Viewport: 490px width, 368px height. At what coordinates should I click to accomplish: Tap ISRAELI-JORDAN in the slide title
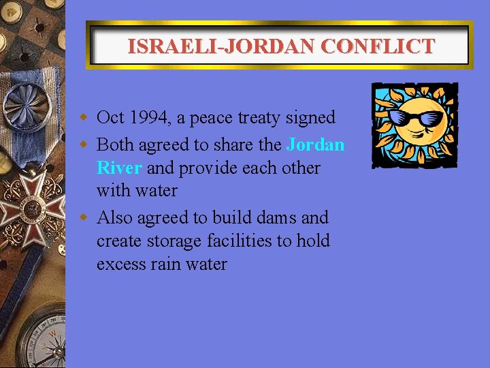222,46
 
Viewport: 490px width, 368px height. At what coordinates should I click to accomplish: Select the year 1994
148,118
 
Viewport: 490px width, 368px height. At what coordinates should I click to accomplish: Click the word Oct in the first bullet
110,118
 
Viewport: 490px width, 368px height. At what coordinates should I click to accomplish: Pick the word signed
314,118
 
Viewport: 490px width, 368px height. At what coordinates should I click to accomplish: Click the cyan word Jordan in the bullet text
316,145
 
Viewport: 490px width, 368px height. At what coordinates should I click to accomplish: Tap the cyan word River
119,168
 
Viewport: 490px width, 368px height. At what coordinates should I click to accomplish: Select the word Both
116,145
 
